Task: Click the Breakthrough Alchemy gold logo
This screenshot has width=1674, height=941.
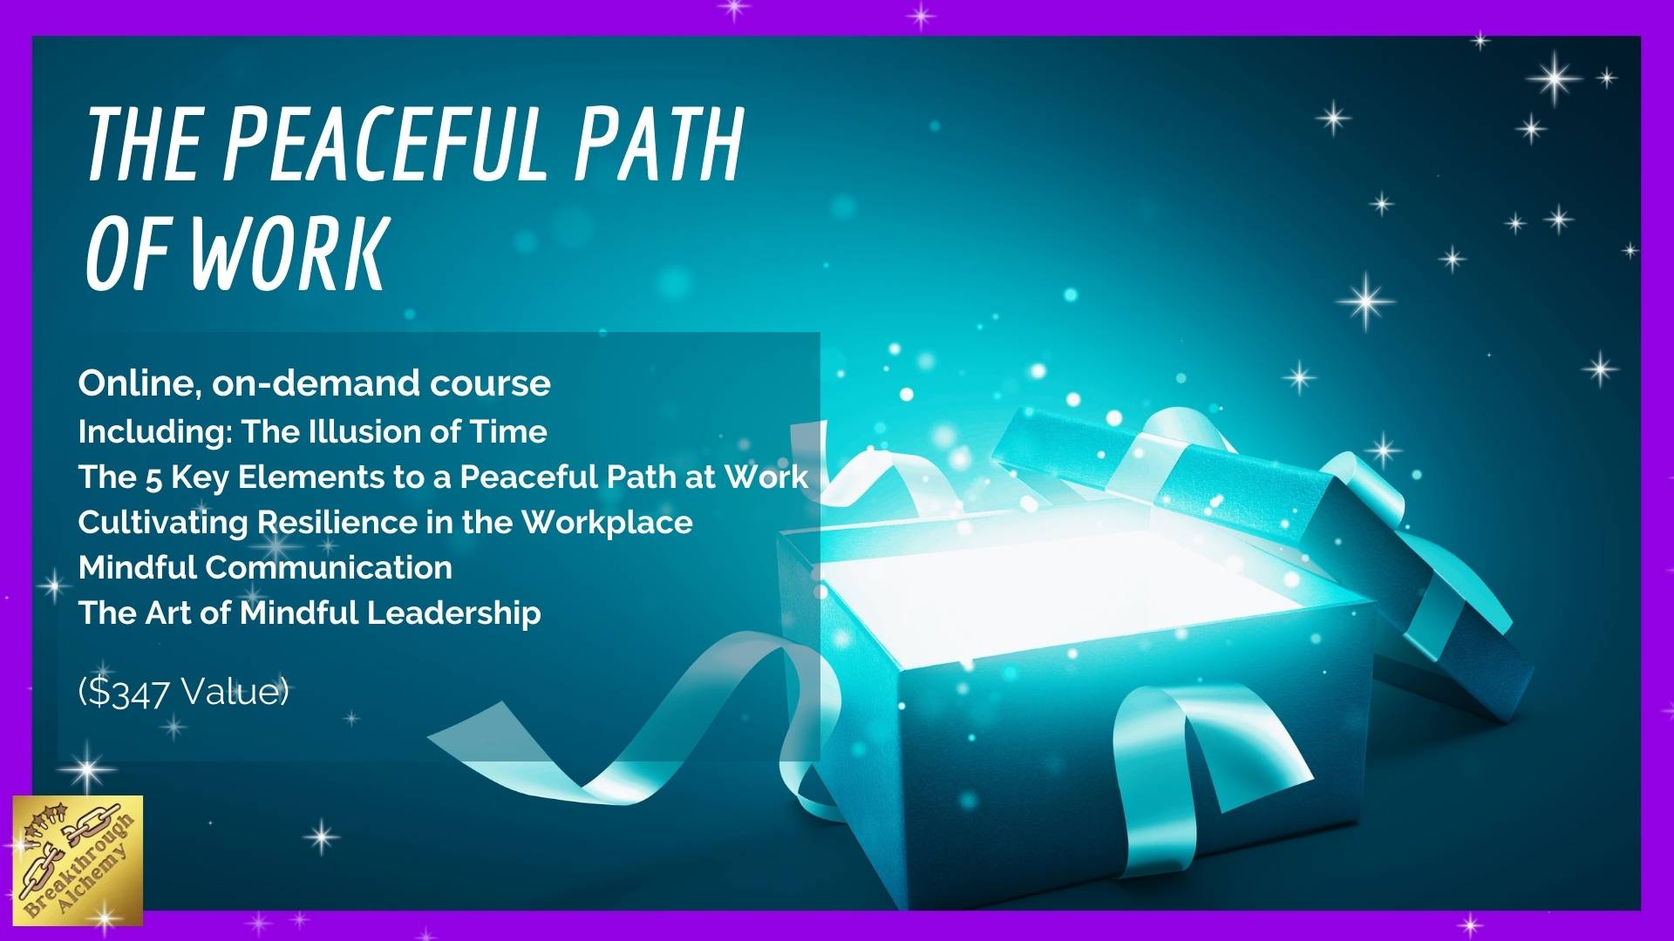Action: pos(78,861)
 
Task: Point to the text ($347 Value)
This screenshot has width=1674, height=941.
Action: pos(183,693)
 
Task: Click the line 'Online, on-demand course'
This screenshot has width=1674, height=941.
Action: pos(314,383)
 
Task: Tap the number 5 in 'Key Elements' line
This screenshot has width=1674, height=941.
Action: pos(154,478)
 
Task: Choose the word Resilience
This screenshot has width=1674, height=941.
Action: pos(337,522)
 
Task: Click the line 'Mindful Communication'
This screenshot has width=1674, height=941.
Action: pos(265,567)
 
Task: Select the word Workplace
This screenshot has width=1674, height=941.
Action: pos(607,524)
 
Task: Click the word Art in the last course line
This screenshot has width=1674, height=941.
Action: pos(168,613)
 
